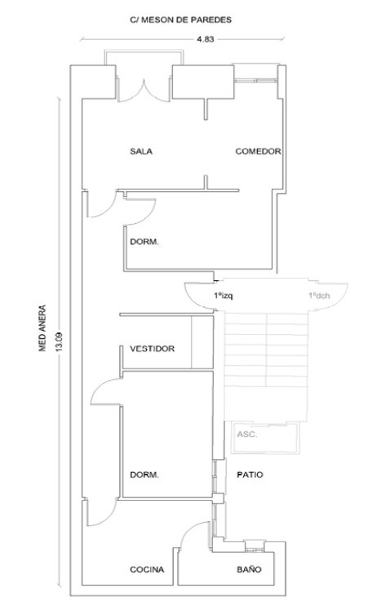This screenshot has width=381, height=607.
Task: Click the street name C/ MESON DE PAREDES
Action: [181, 20]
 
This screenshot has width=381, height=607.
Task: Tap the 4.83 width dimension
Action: [205, 38]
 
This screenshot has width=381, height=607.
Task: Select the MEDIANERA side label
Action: [42, 328]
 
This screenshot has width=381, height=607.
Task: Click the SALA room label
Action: [141, 151]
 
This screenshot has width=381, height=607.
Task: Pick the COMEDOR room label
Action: [258, 151]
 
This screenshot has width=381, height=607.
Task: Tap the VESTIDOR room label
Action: [153, 349]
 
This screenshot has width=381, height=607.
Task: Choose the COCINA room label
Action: [147, 569]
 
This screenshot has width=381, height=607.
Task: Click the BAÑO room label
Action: [249, 569]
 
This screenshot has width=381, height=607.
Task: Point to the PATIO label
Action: [250, 475]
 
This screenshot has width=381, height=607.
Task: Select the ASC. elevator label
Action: [247, 435]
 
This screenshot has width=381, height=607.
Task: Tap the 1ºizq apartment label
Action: [224, 296]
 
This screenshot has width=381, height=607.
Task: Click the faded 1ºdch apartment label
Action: [319, 296]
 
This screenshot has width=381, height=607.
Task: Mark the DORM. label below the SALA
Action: [144, 242]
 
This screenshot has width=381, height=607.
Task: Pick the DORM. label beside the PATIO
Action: [144, 475]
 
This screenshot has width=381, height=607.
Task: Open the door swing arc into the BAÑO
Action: [193, 529]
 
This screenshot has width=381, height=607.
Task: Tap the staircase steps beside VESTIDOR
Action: [266, 350]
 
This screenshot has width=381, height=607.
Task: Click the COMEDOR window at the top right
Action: [256, 81]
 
